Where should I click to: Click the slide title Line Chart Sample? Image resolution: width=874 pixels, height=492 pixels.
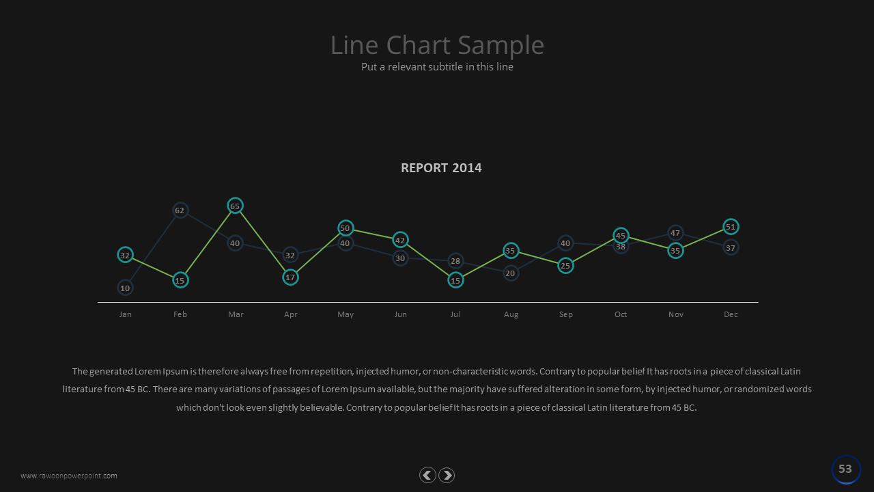(437, 45)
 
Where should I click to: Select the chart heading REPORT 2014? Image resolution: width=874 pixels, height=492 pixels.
(441, 168)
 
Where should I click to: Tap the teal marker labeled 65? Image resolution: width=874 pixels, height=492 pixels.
(235, 206)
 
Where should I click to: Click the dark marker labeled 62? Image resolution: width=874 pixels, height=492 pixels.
(180, 210)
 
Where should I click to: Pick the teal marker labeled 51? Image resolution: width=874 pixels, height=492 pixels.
(731, 227)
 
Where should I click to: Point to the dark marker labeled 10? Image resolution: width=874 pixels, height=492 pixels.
(125, 288)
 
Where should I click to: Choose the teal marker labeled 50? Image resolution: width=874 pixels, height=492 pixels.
(345, 228)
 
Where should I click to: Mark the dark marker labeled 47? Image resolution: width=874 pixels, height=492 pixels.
(675, 233)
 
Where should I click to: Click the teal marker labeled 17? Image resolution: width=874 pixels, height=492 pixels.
(290, 277)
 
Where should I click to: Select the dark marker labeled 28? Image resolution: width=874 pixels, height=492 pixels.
(455, 261)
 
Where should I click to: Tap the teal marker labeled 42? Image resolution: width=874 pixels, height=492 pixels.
(400, 240)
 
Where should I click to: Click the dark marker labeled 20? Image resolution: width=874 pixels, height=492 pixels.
(510, 273)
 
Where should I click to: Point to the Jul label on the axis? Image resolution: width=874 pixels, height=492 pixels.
(455, 314)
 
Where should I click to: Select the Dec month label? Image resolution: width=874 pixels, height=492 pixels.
(731, 314)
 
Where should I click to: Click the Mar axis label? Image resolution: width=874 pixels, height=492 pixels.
(236, 314)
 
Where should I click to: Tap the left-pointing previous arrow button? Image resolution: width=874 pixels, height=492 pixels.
(427, 476)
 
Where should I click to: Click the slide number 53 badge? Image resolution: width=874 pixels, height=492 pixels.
(845, 469)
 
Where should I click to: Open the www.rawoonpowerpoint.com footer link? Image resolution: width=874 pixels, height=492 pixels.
(69, 476)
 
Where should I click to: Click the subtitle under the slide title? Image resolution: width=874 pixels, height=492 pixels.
(437, 67)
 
